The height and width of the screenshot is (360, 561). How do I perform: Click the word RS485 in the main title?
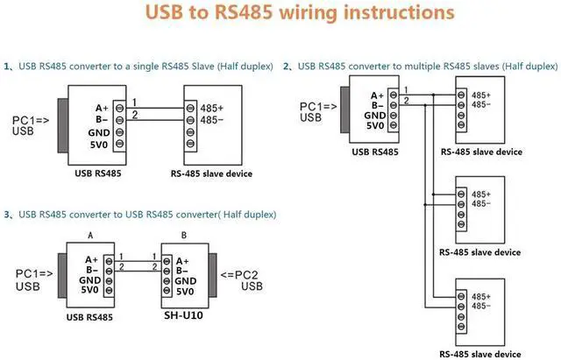click(244, 12)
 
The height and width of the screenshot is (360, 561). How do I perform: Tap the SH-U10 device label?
click(183, 315)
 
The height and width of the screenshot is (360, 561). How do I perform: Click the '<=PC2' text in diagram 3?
click(239, 275)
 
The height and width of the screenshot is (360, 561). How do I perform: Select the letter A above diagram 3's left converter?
click(90, 236)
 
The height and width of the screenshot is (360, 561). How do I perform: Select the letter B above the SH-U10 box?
click(184, 236)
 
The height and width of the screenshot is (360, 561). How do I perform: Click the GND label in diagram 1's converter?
click(99, 133)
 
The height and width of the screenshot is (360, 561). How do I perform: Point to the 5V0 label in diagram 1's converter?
click(99, 145)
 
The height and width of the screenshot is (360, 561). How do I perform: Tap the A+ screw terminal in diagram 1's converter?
click(119, 108)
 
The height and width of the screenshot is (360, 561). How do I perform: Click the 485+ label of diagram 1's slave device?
click(212, 108)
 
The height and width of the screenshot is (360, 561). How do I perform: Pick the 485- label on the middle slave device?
click(481, 204)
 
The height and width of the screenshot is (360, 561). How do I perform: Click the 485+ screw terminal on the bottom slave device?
click(461, 296)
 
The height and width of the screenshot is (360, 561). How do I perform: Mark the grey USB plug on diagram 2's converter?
click(344, 109)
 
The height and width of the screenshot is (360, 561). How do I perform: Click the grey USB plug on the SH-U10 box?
click(213, 275)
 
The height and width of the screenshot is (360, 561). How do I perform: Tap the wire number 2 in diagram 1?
click(135, 115)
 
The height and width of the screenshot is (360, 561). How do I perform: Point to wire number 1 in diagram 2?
click(406, 90)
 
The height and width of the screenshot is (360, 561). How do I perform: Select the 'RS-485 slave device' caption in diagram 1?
click(211, 173)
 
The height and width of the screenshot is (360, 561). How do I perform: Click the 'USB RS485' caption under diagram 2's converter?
click(375, 152)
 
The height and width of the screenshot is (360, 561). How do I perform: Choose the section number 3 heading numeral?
click(7, 215)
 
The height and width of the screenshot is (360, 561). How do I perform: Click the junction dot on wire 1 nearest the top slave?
click(433, 95)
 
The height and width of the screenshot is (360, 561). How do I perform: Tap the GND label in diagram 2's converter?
click(375, 116)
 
